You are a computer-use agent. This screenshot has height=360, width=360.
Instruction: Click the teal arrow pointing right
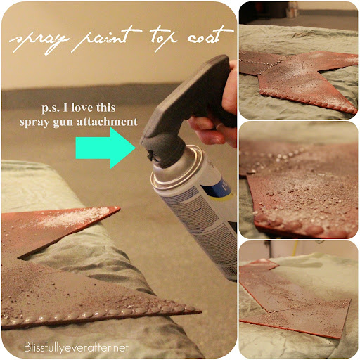tap(106, 147)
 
